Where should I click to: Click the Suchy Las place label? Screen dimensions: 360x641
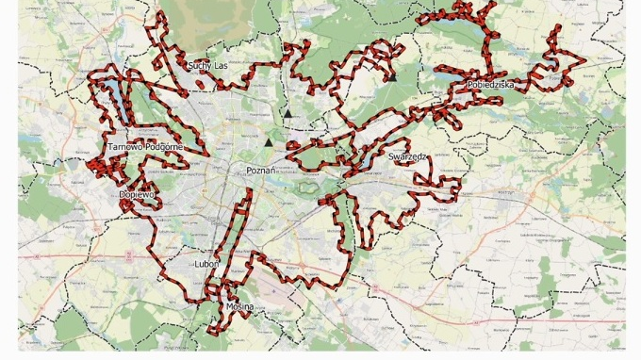click(207, 66)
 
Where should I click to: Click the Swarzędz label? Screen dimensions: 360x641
click(409, 156)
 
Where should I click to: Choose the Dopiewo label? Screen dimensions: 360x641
click(137, 194)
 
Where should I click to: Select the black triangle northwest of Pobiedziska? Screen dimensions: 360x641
click(389, 79)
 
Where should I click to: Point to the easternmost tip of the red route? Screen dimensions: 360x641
click(585, 63)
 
